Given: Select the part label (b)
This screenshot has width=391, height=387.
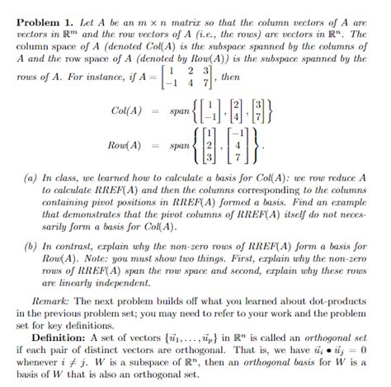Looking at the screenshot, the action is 31,246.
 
